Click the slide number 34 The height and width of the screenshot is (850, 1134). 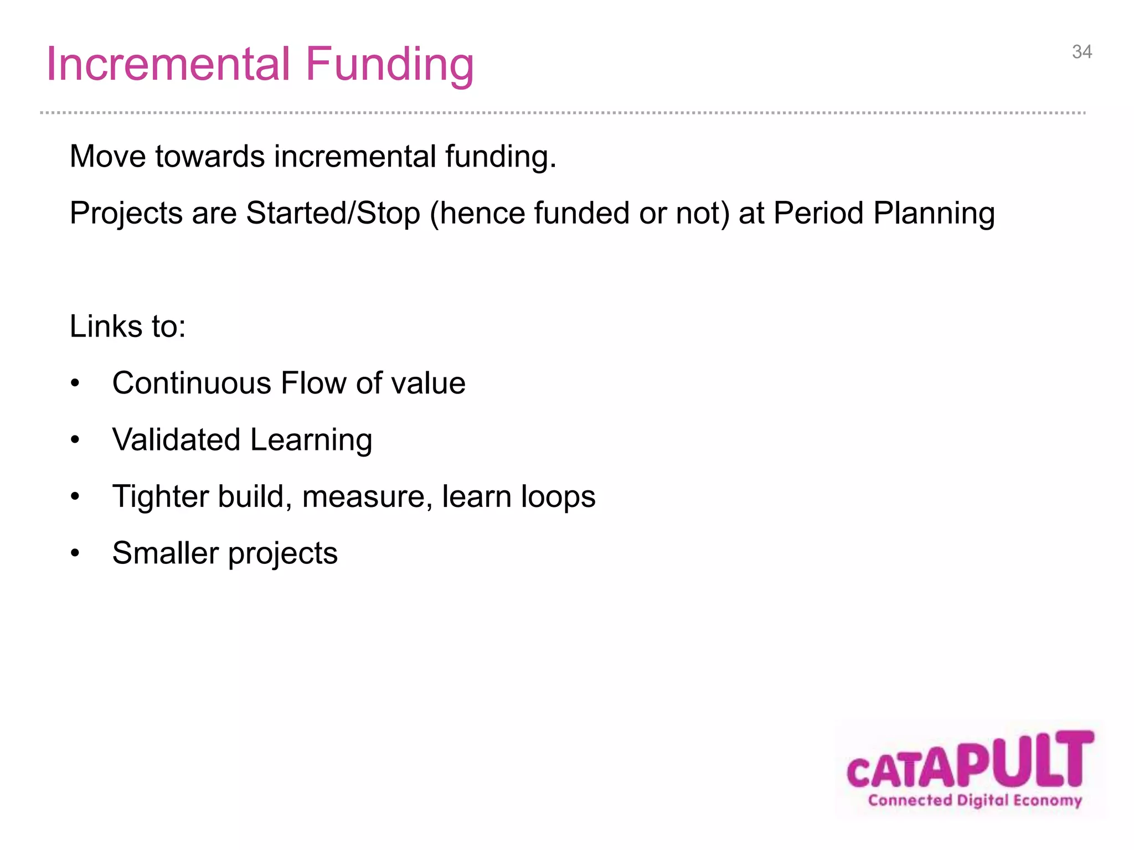pyautogui.click(x=1081, y=52)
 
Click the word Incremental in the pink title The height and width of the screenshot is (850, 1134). pyautogui.click(x=168, y=64)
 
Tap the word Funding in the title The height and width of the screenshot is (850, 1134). pyautogui.click(x=389, y=65)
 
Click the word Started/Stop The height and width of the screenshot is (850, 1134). pyautogui.click(x=333, y=213)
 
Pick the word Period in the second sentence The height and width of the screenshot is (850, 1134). pyautogui.click(x=818, y=213)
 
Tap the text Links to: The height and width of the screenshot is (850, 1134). pyautogui.click(x=128, y=326)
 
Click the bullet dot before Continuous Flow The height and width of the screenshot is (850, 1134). pyautogui.click(x=75, y=383)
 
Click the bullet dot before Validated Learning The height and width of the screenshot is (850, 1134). pyautogui.click(x=75, y=440)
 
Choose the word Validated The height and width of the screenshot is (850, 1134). pyautogui.click(x=176, y=440)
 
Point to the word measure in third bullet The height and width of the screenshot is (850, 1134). pyautogui.click(x=367, y=496)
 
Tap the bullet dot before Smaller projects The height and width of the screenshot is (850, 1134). pyautogui.click(x=75, y=553)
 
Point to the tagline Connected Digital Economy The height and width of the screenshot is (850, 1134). pyautogui.click(x=975, y=801)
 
